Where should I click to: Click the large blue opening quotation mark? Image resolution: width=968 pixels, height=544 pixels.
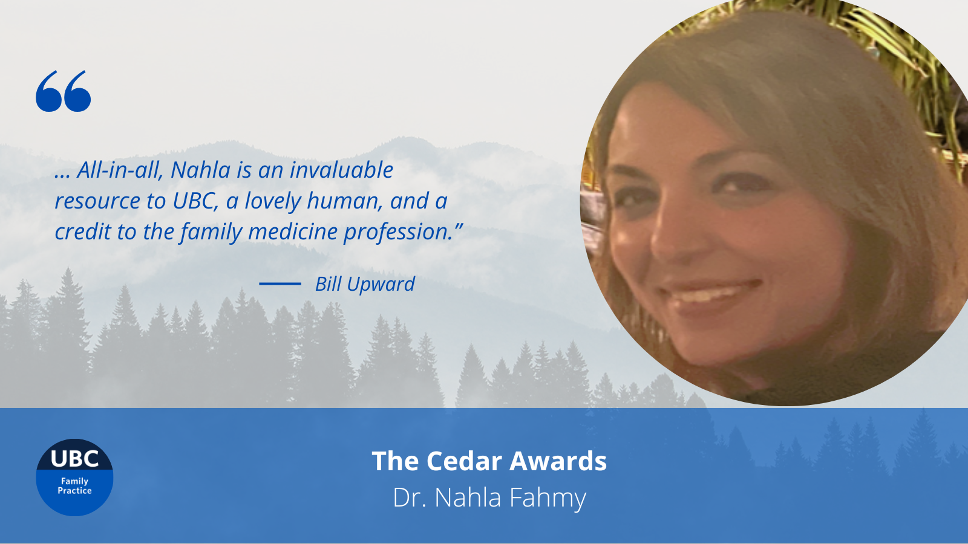pyautogui.click(x=63, y=91)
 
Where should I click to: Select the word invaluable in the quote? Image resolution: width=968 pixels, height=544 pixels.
pyautogui.click(x=341, y=170)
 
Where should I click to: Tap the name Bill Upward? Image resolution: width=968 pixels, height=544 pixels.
pyautogui.click(x=365, y=284)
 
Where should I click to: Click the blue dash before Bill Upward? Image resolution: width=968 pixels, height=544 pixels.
pyautogui.click(x=280, y=283)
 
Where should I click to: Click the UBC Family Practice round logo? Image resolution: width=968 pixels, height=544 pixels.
pyautogui.click(x=74, y=477)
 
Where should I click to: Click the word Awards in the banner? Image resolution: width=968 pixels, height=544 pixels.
pyautogui.click(x=558, y=461)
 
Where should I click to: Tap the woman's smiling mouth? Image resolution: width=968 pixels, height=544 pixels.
pyautogui.click(x=708, y=296)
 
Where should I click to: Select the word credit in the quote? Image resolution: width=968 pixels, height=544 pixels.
pyautogui.click(x=83, y=232)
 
